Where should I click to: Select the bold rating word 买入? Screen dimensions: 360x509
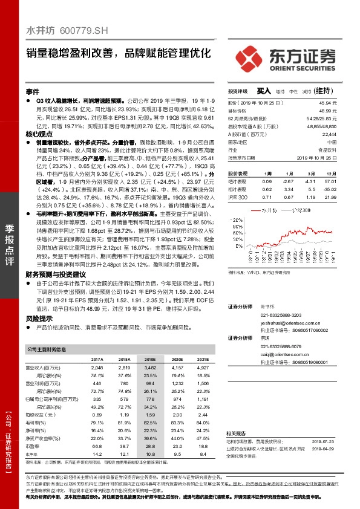coord(264,91)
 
